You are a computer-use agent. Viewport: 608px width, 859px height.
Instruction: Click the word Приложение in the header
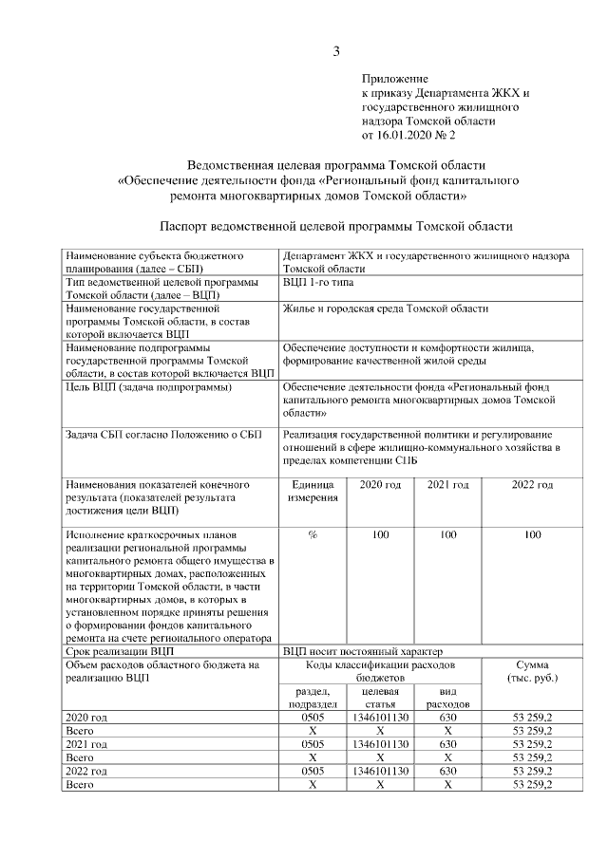tap(395, 78)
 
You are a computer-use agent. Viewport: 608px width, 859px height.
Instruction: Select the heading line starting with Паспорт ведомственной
tap(335, 227)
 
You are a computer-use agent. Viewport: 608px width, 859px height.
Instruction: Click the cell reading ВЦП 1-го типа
tap(321, 283)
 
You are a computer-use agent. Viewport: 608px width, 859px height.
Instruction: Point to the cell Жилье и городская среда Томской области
tap(386, 308)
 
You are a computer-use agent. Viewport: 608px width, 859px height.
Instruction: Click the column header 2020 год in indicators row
tap(380, 485)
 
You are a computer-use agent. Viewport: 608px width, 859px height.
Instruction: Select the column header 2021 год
tap(447, 485)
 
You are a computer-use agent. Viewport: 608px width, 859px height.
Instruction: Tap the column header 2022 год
tap(532, 485)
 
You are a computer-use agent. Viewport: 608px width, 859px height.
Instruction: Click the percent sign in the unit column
tap(313, 535)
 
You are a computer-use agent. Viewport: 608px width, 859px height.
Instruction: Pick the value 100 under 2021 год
tap(447, 535)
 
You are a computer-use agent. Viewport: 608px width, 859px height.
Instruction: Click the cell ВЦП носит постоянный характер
tap(362, 652)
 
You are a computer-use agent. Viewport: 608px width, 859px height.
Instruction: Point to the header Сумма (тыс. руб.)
tap(532, 672)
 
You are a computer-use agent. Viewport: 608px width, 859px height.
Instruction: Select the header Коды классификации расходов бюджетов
tap(380, 672)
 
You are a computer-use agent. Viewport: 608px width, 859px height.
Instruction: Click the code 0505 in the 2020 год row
tap(313, 718)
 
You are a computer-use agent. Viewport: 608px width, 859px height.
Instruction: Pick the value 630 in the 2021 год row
tap(447, 744)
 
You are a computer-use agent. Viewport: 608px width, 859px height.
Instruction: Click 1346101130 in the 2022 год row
tap(380, 771)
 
